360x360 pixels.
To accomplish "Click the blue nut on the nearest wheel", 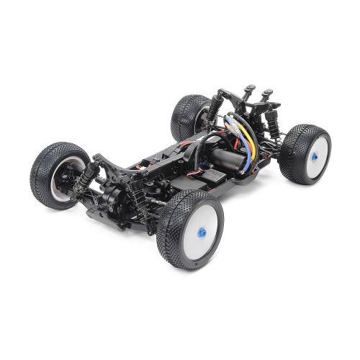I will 202,232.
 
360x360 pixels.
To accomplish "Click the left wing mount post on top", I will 248,91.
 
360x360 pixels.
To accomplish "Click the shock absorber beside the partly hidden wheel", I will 214,108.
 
